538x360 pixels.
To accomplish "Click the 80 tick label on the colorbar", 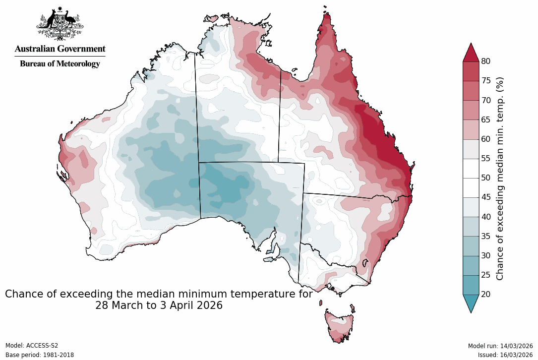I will pos(486,61).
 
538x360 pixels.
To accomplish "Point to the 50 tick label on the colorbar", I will pos(486,178).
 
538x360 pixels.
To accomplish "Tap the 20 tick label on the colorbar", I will pos(486,294).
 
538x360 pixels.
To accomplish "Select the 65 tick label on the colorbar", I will pos(486,120).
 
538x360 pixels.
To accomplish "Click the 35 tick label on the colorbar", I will pos(486,236).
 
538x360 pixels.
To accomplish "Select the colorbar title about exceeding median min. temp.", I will pos(500,178).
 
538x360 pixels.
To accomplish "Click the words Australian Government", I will pos(60,49).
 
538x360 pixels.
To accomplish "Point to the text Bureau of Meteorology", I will pos(60,63).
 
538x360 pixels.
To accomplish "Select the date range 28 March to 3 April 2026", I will pos(159,305).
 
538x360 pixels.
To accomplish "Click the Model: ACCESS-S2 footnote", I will pos(32,346).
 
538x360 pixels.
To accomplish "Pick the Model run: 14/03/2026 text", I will pos(500,346).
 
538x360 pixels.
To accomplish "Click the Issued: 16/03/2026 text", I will pos(505,355).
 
